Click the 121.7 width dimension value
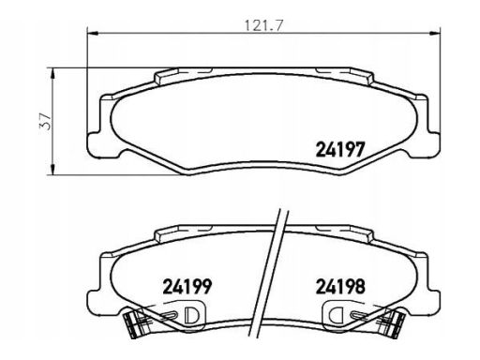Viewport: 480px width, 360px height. [263, 25]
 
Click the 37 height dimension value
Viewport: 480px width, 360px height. [46, 121]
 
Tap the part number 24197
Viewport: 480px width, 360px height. [340, 149]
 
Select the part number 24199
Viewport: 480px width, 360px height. [187, 286]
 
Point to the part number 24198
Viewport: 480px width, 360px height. [340, 286]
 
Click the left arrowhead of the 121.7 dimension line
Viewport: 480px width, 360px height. [93, 33]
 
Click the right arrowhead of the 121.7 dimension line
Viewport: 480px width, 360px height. [435, 33]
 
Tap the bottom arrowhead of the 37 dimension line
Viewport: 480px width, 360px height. [53, 169]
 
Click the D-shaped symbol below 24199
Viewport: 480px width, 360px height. [190, 315]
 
